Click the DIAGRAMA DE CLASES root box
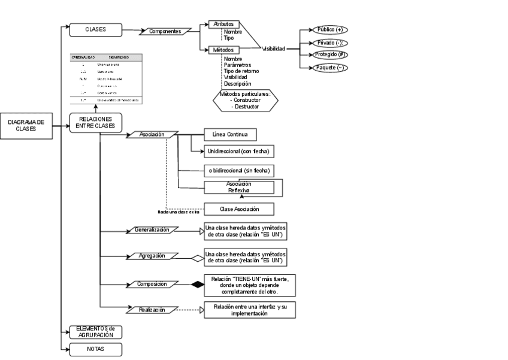(26, 125)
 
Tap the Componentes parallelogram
(165, 31)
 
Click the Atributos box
(223, 24)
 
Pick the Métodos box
(223, 50)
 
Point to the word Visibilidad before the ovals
(273, 48)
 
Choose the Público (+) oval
(329, 29)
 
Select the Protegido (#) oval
(329, 55)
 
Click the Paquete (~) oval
(329, 68)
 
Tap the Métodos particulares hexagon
(246, 101)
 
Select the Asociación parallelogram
(152, 135)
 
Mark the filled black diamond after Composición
(197, 285)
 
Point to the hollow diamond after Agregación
(197, 259)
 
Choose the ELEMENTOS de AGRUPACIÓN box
(96, 332)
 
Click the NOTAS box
(96, 349)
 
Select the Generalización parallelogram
(152, 229)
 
